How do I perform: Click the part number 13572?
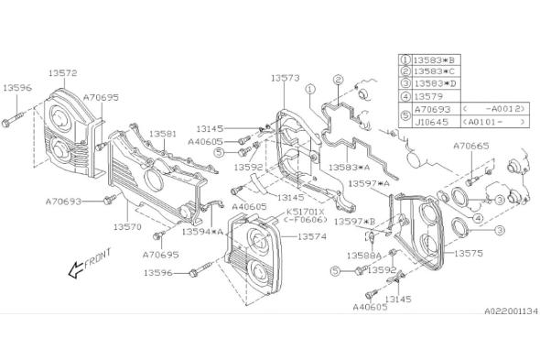coord(62,73)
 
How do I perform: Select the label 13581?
coord(163,134)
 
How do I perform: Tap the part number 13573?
coord(286,78)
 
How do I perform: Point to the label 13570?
coord(127,227)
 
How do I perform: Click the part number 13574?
coord(312,236)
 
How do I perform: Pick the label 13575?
coord(469,253)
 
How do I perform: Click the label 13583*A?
coord(350,168)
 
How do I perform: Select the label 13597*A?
coord(369,183)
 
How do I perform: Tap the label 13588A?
coord(364,256)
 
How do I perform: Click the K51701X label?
coord(306,212)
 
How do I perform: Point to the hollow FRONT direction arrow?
coord(77,269)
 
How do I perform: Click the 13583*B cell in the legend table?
coord(434,60)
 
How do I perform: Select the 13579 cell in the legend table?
coord(428,96)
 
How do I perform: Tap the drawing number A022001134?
coord(511,311)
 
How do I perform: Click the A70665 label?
coord(470,146)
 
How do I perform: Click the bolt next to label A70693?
coord(110,199)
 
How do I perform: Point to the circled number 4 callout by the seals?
coord(478,218)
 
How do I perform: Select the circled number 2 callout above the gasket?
coord(338,80)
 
